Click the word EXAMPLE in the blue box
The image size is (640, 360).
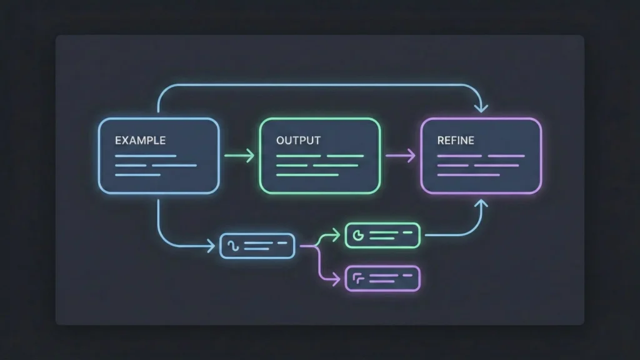(140, 140)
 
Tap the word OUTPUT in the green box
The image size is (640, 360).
(298, 140)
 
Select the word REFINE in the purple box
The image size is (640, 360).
(456, 140)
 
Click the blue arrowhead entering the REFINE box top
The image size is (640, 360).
(481, 108)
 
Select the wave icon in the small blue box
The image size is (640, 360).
(232, 246)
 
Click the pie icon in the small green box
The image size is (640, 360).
(358, 235)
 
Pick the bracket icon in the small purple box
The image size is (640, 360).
(358, 277)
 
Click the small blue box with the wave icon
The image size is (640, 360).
(257, 246)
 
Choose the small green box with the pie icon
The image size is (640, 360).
(382, 235)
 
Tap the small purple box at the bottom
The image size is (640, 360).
(382, 278)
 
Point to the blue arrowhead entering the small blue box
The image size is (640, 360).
(212, 246)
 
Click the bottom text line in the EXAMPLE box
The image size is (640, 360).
(137, 174)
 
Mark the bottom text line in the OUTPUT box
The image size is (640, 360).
(299, 174)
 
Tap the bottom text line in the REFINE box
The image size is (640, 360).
(459, 174)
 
